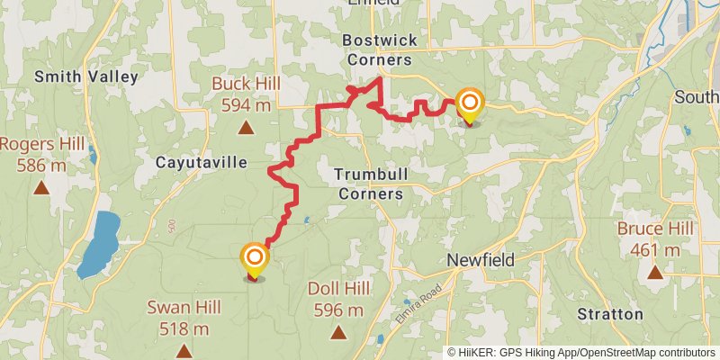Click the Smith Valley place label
86,76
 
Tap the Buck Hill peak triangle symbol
245,127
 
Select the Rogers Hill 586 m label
42,154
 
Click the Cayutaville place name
201,163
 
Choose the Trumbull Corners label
369,183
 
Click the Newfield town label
481,260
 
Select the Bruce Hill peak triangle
655,271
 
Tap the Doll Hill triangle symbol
338,333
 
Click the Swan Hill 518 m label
184,318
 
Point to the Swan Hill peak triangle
184,351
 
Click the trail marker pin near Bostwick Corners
469,104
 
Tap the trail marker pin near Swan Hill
256,261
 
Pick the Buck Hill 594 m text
247,94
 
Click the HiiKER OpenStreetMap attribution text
581,352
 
